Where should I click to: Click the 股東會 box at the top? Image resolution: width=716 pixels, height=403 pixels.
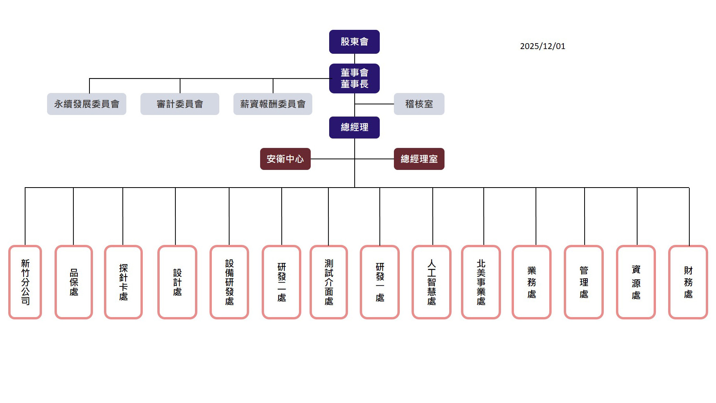(354, 42)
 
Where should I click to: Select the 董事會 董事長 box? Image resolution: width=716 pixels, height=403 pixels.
(354, 78)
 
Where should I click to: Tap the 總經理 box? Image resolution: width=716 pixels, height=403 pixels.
(354, 127)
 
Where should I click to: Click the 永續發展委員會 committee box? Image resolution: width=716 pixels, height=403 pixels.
(87, 104)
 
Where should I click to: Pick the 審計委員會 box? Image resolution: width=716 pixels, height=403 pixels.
(180, 104)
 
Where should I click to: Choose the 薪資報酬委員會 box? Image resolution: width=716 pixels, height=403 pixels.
(273, 104)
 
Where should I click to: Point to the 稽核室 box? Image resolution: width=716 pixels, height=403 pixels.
(419, 104)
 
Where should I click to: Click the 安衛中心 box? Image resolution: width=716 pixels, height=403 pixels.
(285, 159)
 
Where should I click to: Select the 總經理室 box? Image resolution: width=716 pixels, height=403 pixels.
(419, 159)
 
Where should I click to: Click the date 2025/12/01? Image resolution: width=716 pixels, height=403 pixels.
(543, 46)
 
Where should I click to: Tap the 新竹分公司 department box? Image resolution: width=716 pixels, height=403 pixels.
(25, 282)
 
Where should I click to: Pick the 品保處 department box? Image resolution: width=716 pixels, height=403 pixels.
(74, 282)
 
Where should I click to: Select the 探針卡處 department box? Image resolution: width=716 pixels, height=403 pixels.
(123, 282)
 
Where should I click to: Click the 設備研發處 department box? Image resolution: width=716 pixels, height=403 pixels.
(230, 282)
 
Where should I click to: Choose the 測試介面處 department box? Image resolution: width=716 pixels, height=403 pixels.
(329, 282)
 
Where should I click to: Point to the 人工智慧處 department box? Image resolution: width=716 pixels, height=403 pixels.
(432, 282)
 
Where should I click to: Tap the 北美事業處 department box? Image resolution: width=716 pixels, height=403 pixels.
(481, 282)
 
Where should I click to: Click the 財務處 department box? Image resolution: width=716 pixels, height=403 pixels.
(688, 282)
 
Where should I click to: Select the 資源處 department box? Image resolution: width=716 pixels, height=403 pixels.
(636, 282)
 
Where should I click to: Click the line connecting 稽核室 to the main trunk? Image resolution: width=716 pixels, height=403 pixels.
(374, 104)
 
